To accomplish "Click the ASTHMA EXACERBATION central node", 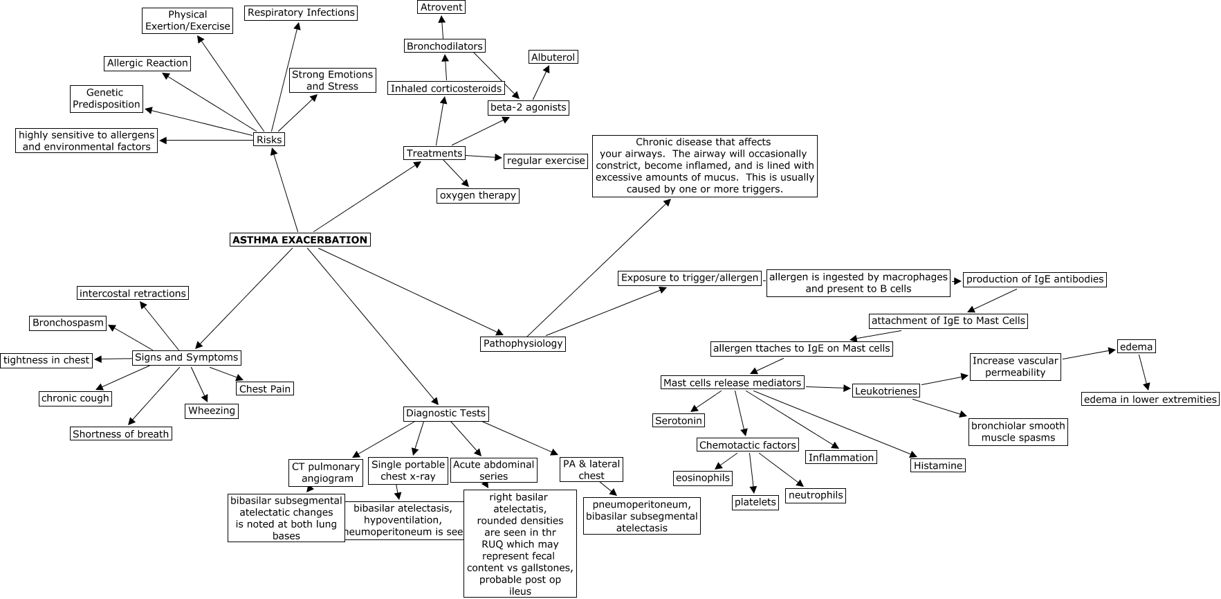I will pos(300,240).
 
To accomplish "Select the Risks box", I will pos(269,139).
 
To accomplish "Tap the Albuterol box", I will pos(553,57).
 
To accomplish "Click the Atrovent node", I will pos(441,7).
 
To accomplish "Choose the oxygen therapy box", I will pos(477,195).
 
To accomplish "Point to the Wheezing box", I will pos(212,411).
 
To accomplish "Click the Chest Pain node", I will pos(264,388).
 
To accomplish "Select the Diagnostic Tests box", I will pos(446,413).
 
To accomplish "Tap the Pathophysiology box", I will pos(523,343).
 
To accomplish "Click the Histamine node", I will pos(937,465).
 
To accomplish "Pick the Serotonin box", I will pos(679,420).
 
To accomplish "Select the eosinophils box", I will pos(702,477).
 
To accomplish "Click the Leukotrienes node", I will pos(885,391).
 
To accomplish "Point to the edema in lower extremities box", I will pos(1150,399).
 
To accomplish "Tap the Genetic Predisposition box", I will pos(107,98).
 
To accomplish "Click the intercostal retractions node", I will pos(132,293).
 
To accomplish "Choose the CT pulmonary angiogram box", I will pos(325,472).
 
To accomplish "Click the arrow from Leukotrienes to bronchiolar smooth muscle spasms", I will pos(939,408).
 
